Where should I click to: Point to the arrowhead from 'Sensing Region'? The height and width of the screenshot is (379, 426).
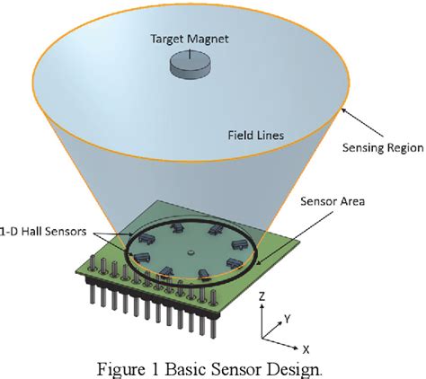(343, 110)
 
